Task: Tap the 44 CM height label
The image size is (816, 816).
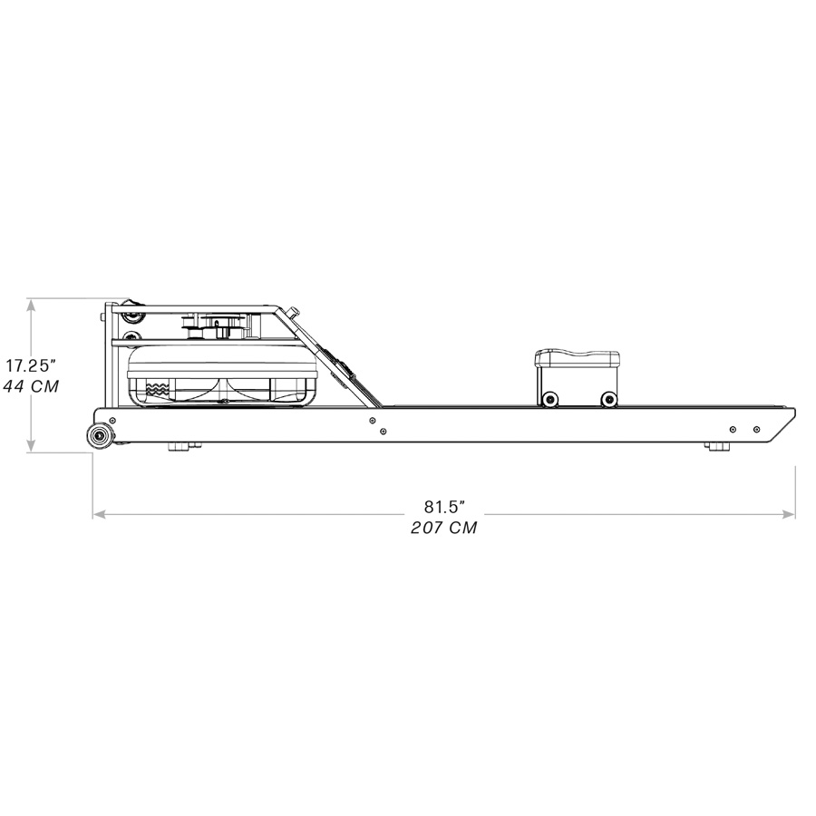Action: [33, 386]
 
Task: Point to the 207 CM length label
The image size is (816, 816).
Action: [443, 528]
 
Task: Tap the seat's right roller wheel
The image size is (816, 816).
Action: [608, 400]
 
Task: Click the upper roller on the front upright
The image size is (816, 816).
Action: [132, 316]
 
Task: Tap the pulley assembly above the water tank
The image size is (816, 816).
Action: [218, 325]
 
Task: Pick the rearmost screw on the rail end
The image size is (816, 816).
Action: [755, 429]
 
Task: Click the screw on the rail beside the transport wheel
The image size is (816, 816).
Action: [112, 421]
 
